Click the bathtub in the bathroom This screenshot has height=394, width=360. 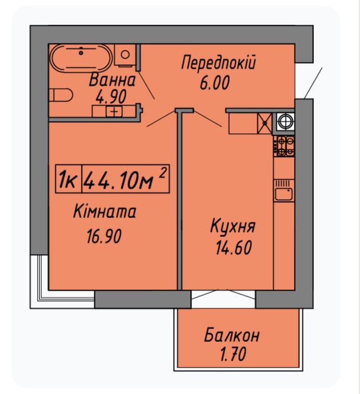[81, 58]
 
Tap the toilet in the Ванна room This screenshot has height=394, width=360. [61, 95]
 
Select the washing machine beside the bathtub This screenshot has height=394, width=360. [125, 55]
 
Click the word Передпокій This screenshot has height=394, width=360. [219, 63]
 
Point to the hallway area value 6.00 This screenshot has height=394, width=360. [215, 83]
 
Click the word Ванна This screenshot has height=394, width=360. [112, 80]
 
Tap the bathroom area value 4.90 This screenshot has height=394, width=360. [111, 97]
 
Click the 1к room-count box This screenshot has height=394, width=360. [68, 179]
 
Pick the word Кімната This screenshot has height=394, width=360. [105, 211]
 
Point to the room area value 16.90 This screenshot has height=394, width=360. [104, 236]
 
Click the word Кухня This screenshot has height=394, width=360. [233, 226]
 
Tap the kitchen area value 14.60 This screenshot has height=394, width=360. [234, 247]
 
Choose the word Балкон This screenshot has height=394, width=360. [232, 335]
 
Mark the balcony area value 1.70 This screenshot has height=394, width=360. [233, 354]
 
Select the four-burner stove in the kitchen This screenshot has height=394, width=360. [284, 146]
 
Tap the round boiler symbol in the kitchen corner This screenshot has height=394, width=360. [286, 122]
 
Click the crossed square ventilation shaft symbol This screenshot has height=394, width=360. [265, 123]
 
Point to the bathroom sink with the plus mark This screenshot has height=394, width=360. [114, 111]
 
